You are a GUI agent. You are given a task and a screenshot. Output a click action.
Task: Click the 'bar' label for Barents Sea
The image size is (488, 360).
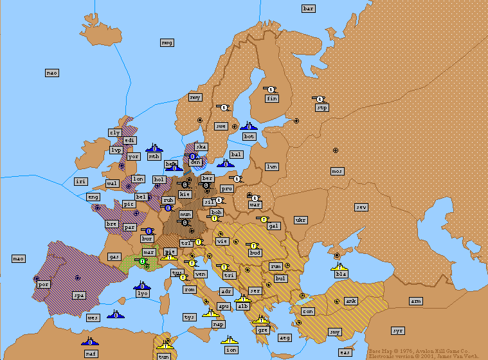(309, 8)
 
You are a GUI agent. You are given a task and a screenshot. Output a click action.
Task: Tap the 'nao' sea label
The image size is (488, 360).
(52, 73)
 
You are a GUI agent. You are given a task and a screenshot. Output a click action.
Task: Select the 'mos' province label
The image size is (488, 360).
(337, 171)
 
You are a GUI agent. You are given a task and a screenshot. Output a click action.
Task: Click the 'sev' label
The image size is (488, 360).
(361, 207)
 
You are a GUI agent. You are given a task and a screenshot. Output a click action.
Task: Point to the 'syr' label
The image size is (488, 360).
(398, 330)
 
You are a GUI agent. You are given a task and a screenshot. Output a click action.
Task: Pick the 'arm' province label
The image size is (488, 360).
(416, 301)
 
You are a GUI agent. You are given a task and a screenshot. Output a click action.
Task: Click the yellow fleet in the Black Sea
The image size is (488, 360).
(339, 265)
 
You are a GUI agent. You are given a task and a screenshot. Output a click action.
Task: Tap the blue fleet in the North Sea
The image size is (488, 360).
(154, 148)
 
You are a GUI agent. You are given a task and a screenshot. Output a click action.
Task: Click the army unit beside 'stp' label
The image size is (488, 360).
(320, 99)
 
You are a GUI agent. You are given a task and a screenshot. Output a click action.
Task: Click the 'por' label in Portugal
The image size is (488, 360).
(44, 283)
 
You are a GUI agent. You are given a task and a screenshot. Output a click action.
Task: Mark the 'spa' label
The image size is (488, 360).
(79, 296)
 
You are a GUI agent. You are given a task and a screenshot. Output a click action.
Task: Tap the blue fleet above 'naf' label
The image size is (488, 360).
(90, 340)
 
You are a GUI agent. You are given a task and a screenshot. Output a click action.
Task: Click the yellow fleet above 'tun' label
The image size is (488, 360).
(165, 345)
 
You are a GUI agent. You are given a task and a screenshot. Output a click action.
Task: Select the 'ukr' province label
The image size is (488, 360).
(300, 220)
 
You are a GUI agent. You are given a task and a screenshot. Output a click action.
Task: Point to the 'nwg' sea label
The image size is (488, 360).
(167, 42)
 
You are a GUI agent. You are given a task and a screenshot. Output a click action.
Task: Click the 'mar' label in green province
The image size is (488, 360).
(149, 252)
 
